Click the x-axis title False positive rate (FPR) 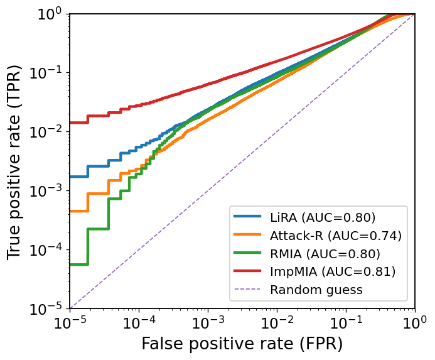pyautogui.click(x=242, y=344)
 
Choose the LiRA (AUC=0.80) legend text pyautogui.click(x=323, y=217)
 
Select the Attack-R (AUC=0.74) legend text pyautogui.click(x=335, y=236)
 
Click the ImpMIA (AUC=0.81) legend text pyautogui.click(x=333, y=272)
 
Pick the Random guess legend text pyautogui.click(x=316, y=290)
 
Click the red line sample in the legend pyautogui.click(x=248, y=272)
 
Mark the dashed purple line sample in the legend pyautogui.click(x=248, y=290)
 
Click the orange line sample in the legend pyautogui.click(x=248, y=236)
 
